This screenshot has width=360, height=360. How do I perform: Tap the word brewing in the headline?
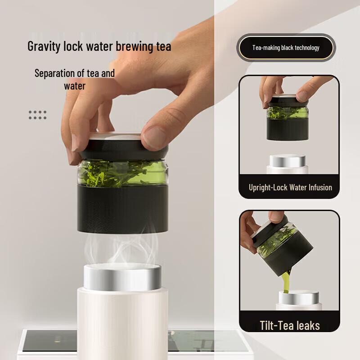point(134,46)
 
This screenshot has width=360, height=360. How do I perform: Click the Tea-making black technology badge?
point(286,48)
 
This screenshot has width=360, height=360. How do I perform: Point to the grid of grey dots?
point(38,115)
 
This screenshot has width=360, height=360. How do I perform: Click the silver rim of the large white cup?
point(122,275)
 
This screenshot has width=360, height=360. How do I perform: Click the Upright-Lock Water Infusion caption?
point(290,187)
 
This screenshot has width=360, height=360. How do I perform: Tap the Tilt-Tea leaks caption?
point(289,325)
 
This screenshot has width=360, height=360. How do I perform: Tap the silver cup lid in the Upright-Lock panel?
point(287,161)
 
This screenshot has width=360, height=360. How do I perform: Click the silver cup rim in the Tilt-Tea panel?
point(299,297)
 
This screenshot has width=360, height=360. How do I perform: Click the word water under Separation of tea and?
point(75,85)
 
